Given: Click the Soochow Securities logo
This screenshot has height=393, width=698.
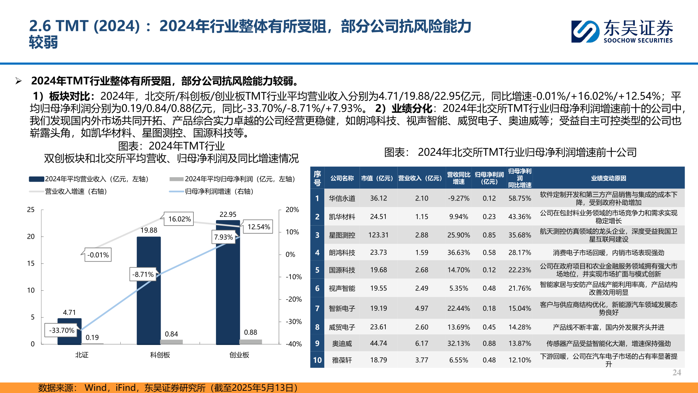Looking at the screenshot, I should (622, 31).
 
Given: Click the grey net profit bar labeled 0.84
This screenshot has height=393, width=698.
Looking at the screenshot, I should (171, 342).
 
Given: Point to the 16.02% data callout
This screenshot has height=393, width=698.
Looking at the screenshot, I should (180, 219).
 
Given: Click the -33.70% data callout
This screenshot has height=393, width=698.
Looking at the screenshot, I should (62, 330).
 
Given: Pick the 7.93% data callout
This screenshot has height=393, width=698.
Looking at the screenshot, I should (223, 237).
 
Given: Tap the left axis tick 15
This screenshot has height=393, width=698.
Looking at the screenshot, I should (31, 263).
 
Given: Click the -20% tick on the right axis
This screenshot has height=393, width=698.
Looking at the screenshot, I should (293, 299).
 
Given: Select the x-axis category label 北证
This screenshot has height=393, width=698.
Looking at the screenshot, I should (82, 355).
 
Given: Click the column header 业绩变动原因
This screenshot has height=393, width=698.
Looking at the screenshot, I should (608, 178).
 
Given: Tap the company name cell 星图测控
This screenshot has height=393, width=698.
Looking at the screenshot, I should (342, 235).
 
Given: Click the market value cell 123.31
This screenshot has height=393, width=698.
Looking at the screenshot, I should (378, 235).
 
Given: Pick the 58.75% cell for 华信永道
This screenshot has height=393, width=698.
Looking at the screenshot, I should (520, 198).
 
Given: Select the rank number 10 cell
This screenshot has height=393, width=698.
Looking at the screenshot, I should (317, 360).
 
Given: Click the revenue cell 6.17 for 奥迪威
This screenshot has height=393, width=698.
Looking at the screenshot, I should (421, 344).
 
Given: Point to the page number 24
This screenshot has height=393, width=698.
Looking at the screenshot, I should (677, 372).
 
